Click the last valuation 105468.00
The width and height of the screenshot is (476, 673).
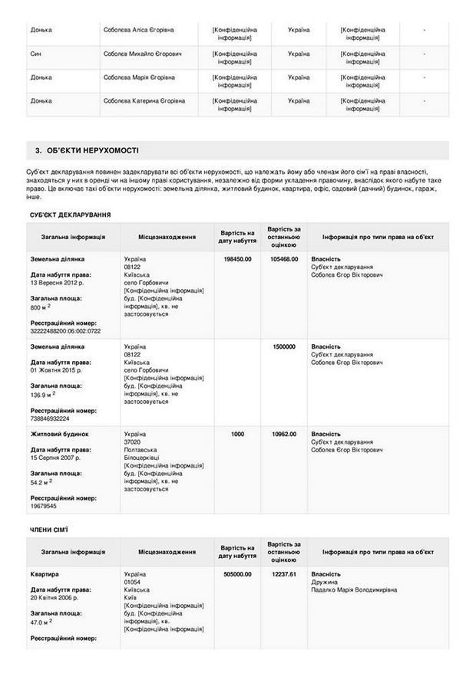point(284,259)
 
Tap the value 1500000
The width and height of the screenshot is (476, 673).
point(284,346)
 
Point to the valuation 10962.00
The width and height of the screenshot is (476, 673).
point(284,434)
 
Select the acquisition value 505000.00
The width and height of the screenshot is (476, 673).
point(237,574)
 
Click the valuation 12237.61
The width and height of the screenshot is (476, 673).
point(284,574)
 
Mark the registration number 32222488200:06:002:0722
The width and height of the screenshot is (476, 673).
point(65,331)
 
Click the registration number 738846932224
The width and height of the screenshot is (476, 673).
point(51,419)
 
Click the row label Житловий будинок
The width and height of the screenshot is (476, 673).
point(59,434)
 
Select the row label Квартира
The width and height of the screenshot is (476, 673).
point(45,574)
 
